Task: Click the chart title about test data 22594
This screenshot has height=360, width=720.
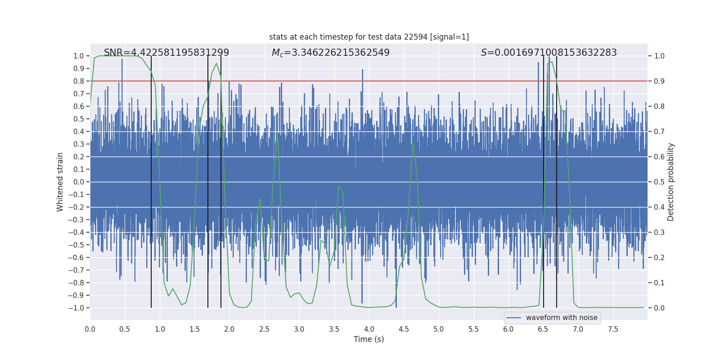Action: (x=369, y=37)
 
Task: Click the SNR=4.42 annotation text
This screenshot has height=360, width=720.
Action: (x=166, y=53)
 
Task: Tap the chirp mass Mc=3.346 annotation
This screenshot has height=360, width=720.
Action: (x=331, y=53)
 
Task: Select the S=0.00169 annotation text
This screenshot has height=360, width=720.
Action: (x=549, y=53)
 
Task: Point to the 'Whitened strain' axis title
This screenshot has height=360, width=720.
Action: (x=60, y=182)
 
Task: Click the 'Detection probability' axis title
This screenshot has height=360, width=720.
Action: (x=671, y=182)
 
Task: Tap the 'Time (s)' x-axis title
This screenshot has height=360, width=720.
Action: (x=369, y=339)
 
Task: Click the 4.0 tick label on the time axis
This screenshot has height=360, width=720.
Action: (x=369, y=329)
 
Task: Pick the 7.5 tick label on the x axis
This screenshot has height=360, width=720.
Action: (x=613, y=329)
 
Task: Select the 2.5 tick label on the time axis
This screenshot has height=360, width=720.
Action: (x=264, y=329)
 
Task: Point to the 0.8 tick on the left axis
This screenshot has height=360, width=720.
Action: (x=78, y=81)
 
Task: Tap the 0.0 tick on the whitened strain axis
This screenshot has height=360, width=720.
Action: (x=78, y=182)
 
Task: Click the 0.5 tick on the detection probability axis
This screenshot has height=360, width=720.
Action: (x=659, y=182)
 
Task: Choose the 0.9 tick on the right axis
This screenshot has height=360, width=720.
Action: (x=659, y=81)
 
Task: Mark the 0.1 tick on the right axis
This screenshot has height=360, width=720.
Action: (x=659, y=283)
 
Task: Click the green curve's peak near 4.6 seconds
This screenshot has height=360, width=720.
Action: (x=412, y=144)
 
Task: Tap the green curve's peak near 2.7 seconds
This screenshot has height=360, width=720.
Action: (x=277, y=134)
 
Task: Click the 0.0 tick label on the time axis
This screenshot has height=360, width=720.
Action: (x=90, y=329)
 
